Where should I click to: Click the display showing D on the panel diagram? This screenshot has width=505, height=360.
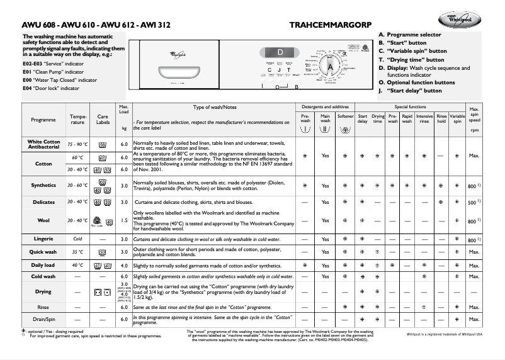point(280,52)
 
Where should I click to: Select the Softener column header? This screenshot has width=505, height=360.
point(346,116)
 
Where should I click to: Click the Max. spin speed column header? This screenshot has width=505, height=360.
point(474,116)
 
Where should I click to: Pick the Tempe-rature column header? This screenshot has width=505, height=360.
point(78,120)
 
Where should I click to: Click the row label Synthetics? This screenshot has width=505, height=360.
point(43,186)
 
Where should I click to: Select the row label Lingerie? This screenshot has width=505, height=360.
point(43,239)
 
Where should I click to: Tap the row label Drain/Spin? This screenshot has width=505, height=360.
point(43,320)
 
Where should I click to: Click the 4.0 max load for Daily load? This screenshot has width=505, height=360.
point(124,266)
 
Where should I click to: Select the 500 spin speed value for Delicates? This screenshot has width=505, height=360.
point(473,203)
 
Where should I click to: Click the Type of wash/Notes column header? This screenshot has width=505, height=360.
point(214,107)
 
